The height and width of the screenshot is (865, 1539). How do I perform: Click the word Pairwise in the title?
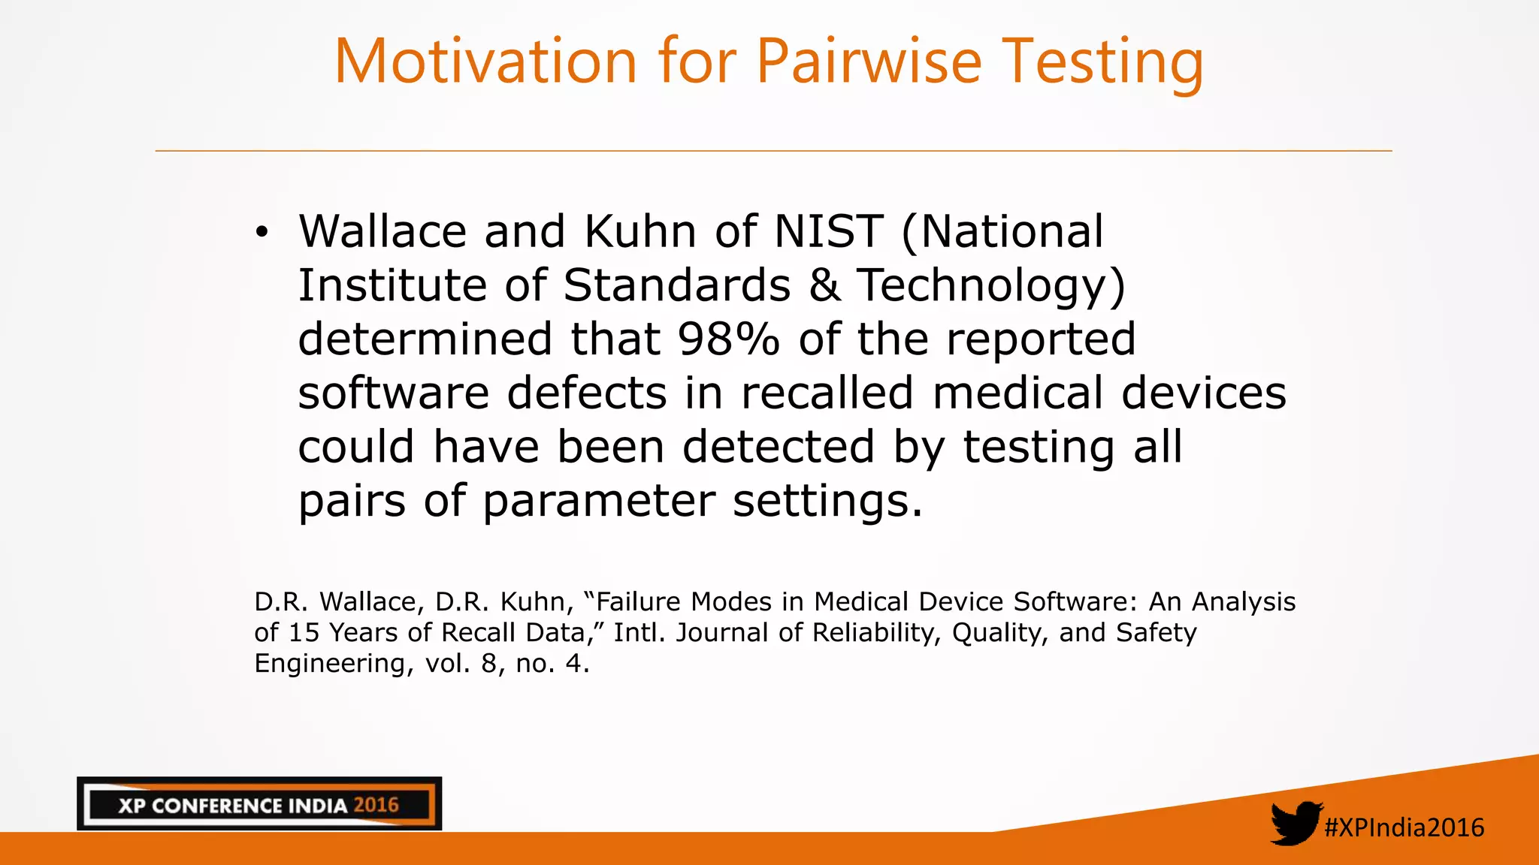coord(869,62)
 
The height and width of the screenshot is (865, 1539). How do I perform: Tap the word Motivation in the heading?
coord(485,62)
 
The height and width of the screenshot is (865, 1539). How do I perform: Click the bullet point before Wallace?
coord(261,232)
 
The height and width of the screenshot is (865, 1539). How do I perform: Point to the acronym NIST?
coord(828,231)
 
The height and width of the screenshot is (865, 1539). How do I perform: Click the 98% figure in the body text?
coord(728,339)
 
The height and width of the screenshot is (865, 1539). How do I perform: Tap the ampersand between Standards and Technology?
coord(824,285)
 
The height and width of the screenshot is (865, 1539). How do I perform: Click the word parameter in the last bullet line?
coord(598,502)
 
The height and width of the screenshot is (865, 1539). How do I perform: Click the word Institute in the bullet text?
coord(392,285)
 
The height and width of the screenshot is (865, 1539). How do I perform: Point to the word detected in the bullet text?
coord(779,448)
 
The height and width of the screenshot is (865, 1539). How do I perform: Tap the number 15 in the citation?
coord(304,633)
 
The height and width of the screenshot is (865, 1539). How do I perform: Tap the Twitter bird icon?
coord(1296,823)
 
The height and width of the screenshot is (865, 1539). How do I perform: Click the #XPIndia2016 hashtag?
coord(1404,827)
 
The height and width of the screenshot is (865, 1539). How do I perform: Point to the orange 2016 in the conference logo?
coord(376,806)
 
